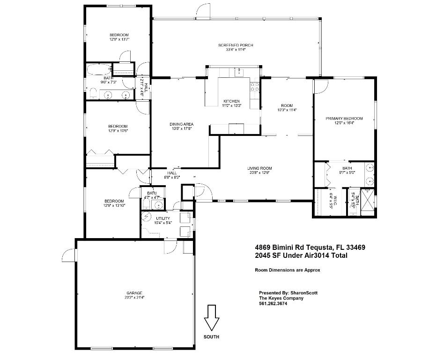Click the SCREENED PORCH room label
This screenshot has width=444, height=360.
pyautogui.click(x=236, y=45)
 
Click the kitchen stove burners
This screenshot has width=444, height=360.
pyautogui.click(x=256, y=86)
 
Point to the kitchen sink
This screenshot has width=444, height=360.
pyautogui.click(x=239, y=72)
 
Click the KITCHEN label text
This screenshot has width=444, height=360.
pyautogui.click(x=231, y=101)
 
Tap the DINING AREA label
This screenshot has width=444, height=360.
pyautogui.click(x=181, y=124)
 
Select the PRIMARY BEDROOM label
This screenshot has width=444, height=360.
pyautogui.click(x=344, y=119)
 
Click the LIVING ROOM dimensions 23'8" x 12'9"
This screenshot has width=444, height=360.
pyautogui.click(x=259, y=172)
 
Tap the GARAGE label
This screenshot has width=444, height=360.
pyautogui.click(x=134, y=293)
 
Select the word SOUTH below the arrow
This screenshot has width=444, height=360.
pyautogui.click(x=211, y=337)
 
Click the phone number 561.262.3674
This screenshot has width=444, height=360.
pyautogui.click(x=273, y=303)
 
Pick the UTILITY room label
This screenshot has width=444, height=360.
pyautogui.click(x=163, y=218)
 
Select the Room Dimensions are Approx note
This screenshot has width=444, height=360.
pyautogui.click(x=287, y=270)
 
